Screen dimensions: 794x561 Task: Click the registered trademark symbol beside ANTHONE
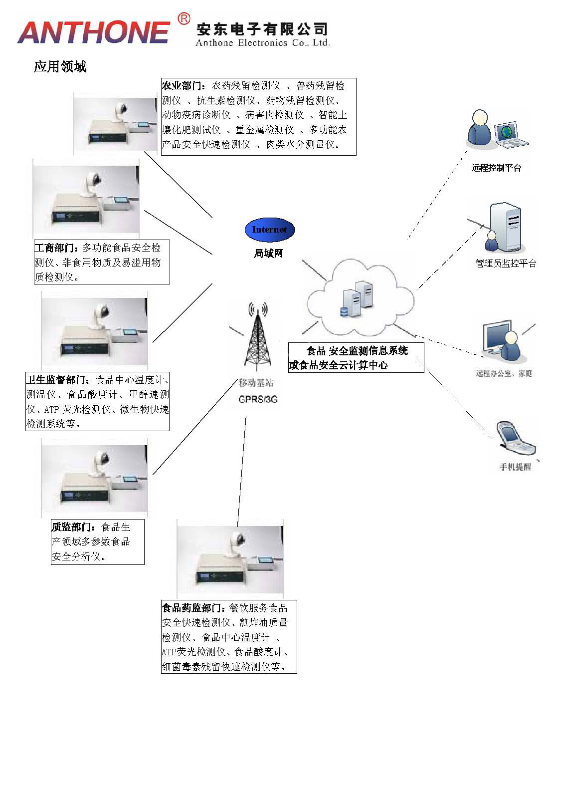(184, 18)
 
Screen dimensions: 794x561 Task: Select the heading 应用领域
(60, 67)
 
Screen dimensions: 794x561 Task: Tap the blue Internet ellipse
(269, 230)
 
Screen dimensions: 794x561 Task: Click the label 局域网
(268, 254)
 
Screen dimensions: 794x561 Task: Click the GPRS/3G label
(258, 400)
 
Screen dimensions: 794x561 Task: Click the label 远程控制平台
(496, 168)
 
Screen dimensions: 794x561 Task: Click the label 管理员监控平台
(506, 264)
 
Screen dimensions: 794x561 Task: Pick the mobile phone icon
(516, 439)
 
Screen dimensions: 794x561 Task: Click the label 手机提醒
(516, 468)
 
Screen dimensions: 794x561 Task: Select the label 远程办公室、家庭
(504, 373)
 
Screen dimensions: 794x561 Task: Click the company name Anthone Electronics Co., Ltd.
(262, 43)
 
